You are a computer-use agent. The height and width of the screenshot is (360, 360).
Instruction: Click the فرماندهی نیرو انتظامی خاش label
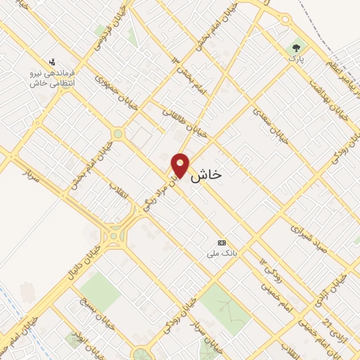53,78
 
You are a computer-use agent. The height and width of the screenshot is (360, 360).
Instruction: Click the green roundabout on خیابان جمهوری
117,134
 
